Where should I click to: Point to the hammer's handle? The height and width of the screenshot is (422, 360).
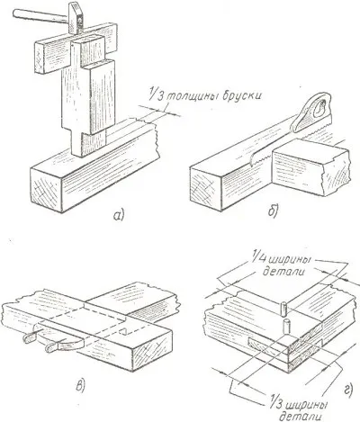click(40, 15)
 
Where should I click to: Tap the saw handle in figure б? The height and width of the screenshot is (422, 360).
click(312, 112)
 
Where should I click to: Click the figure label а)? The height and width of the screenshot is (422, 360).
click(119, 215)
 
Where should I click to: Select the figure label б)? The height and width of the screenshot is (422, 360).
click(273, 210)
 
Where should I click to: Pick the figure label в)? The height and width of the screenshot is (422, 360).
click(80, 385)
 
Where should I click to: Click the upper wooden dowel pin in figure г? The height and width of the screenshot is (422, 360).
click(283, 309)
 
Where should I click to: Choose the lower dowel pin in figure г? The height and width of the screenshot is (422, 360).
click(287, 327)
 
